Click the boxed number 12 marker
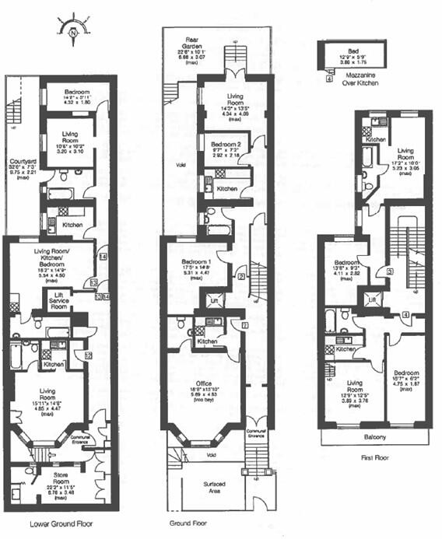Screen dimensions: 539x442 pos(88,355)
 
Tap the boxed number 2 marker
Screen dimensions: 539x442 pos(242,277)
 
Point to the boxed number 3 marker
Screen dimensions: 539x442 pos(389,271)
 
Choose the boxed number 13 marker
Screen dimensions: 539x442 pos(93,282)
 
